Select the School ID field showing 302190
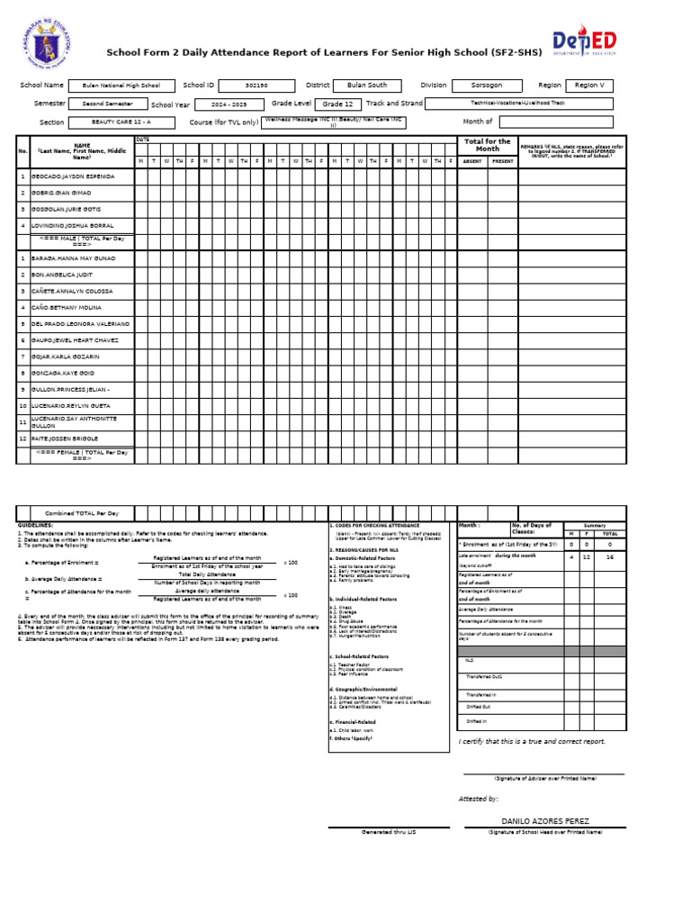point(256,86)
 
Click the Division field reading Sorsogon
point(487,86)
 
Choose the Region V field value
point(589,86)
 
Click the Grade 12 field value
point(337,104)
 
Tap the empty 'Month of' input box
point(555,122)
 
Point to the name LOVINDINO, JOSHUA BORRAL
point(73,225)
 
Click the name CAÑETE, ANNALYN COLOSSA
point(73,292)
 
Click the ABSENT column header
point(472,161)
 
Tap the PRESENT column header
point(503,161)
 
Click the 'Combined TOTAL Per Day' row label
point(82,512)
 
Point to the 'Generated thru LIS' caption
point(389,833)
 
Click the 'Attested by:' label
point(479,799)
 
